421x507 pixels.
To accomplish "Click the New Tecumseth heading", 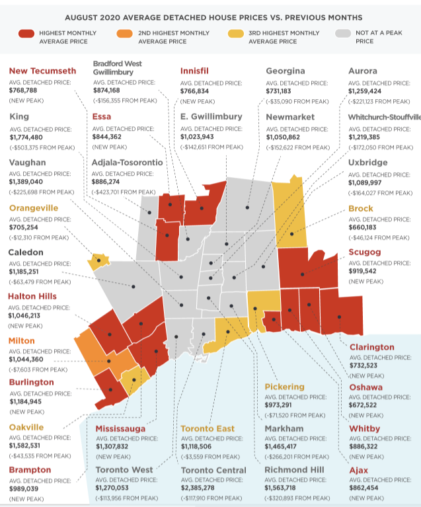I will click(x=42, y=71).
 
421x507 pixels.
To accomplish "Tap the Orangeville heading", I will click(x=34, y=208).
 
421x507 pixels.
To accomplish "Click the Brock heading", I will click(x=361, y=209).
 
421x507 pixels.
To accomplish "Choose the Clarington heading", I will click(x=371, y=347).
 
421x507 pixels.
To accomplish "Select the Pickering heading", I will click(x=284, y=386).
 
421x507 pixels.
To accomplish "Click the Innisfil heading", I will click(x=198, y=71).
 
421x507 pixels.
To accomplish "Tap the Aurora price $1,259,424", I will click(x=371, y=91).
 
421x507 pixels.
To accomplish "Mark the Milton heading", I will click(x=22, y=340).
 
